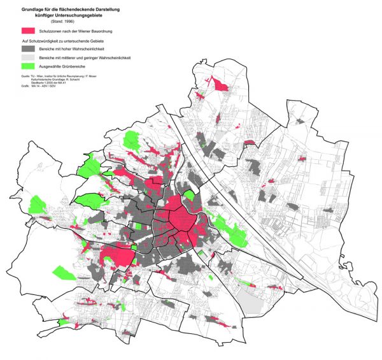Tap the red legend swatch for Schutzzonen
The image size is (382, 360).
[x=27, y=31]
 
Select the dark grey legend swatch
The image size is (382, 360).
[x=27, y=48]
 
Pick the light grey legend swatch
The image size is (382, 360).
[x=27, y=57]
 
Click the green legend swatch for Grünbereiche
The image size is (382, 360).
[x=27, y=66]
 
